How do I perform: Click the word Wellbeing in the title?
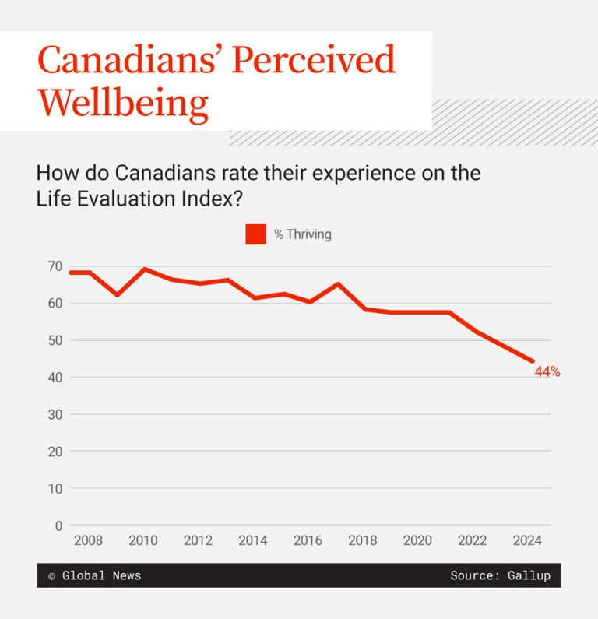(123, 102)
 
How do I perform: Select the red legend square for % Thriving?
(255, 234)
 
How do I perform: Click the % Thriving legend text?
(302, 234)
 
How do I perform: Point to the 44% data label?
(547, 372)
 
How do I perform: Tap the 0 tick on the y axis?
(58, 526)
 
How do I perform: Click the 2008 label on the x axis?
(87, 541)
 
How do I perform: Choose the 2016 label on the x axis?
(308, 541)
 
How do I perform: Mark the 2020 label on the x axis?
(419, 541)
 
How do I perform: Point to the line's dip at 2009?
(118, 295)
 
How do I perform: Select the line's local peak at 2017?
(337, 284)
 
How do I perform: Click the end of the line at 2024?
(533, 361)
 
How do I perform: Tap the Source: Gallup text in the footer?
(500, 575)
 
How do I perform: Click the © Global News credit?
(94, 575)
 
